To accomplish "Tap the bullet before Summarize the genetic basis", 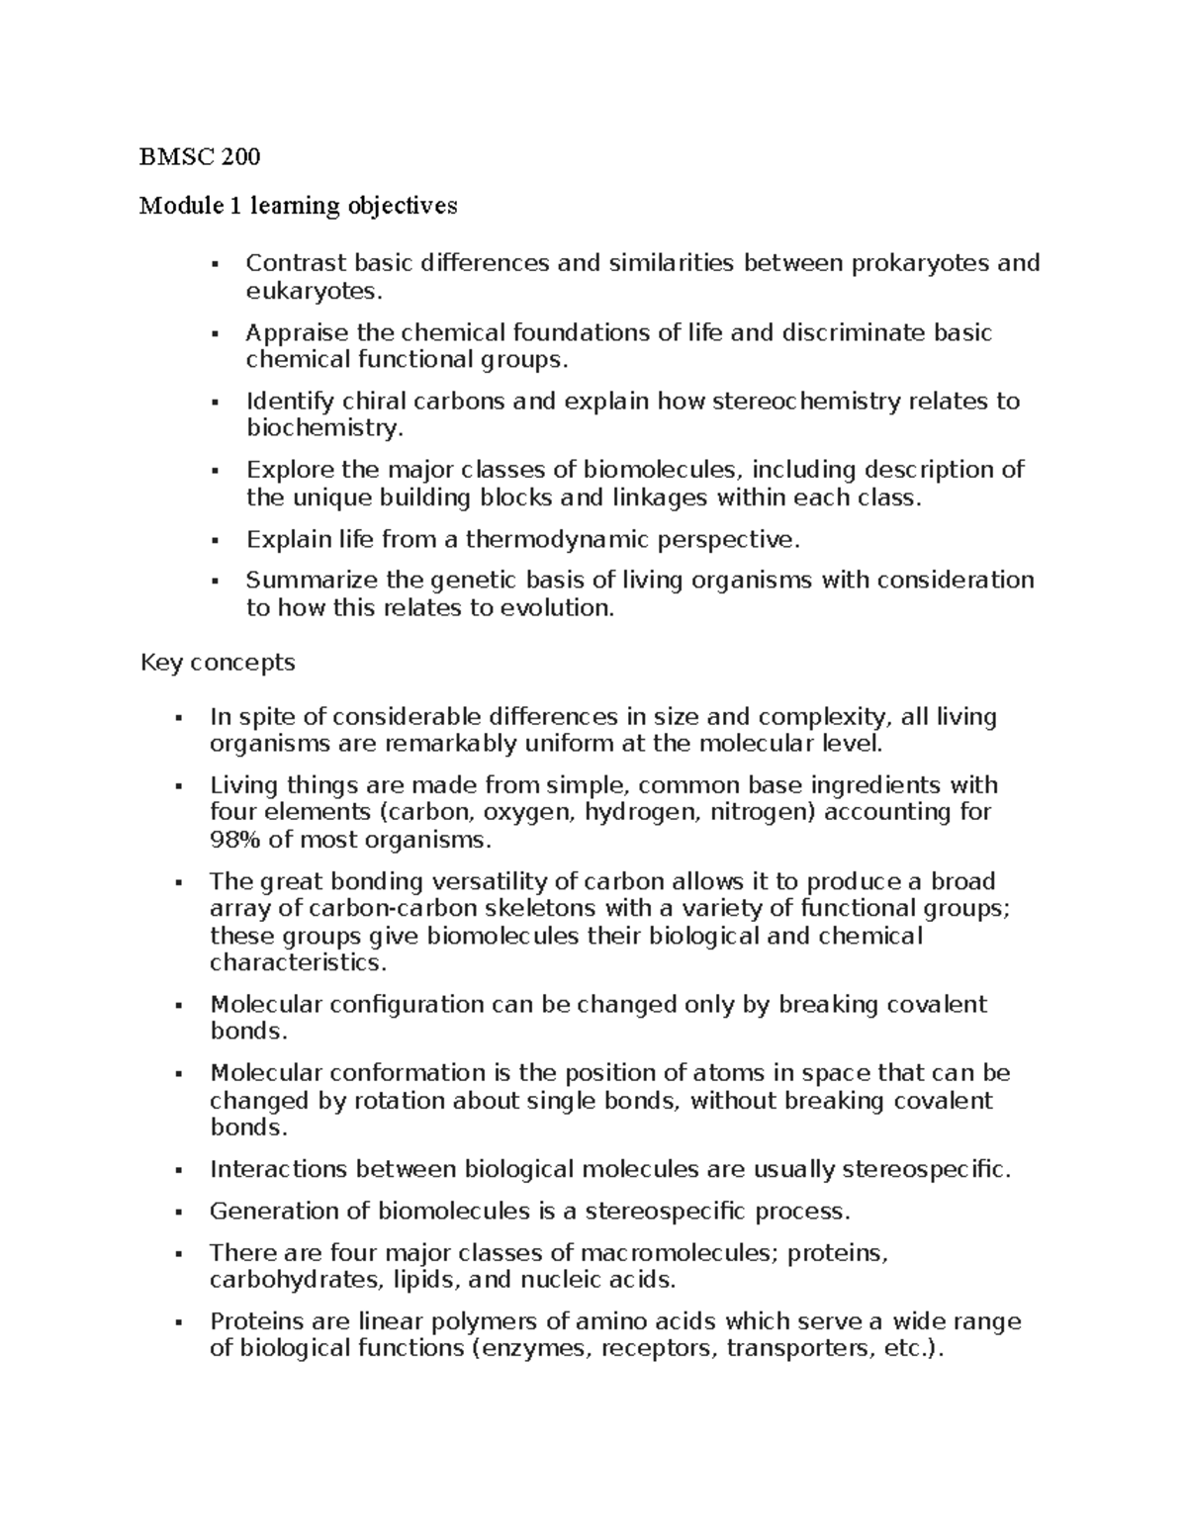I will (215, 581).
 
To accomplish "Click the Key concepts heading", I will (218, 662).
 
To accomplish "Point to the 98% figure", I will (236, 841).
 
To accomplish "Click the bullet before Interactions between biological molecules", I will (178, 1171).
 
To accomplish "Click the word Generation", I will (275, 1212).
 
